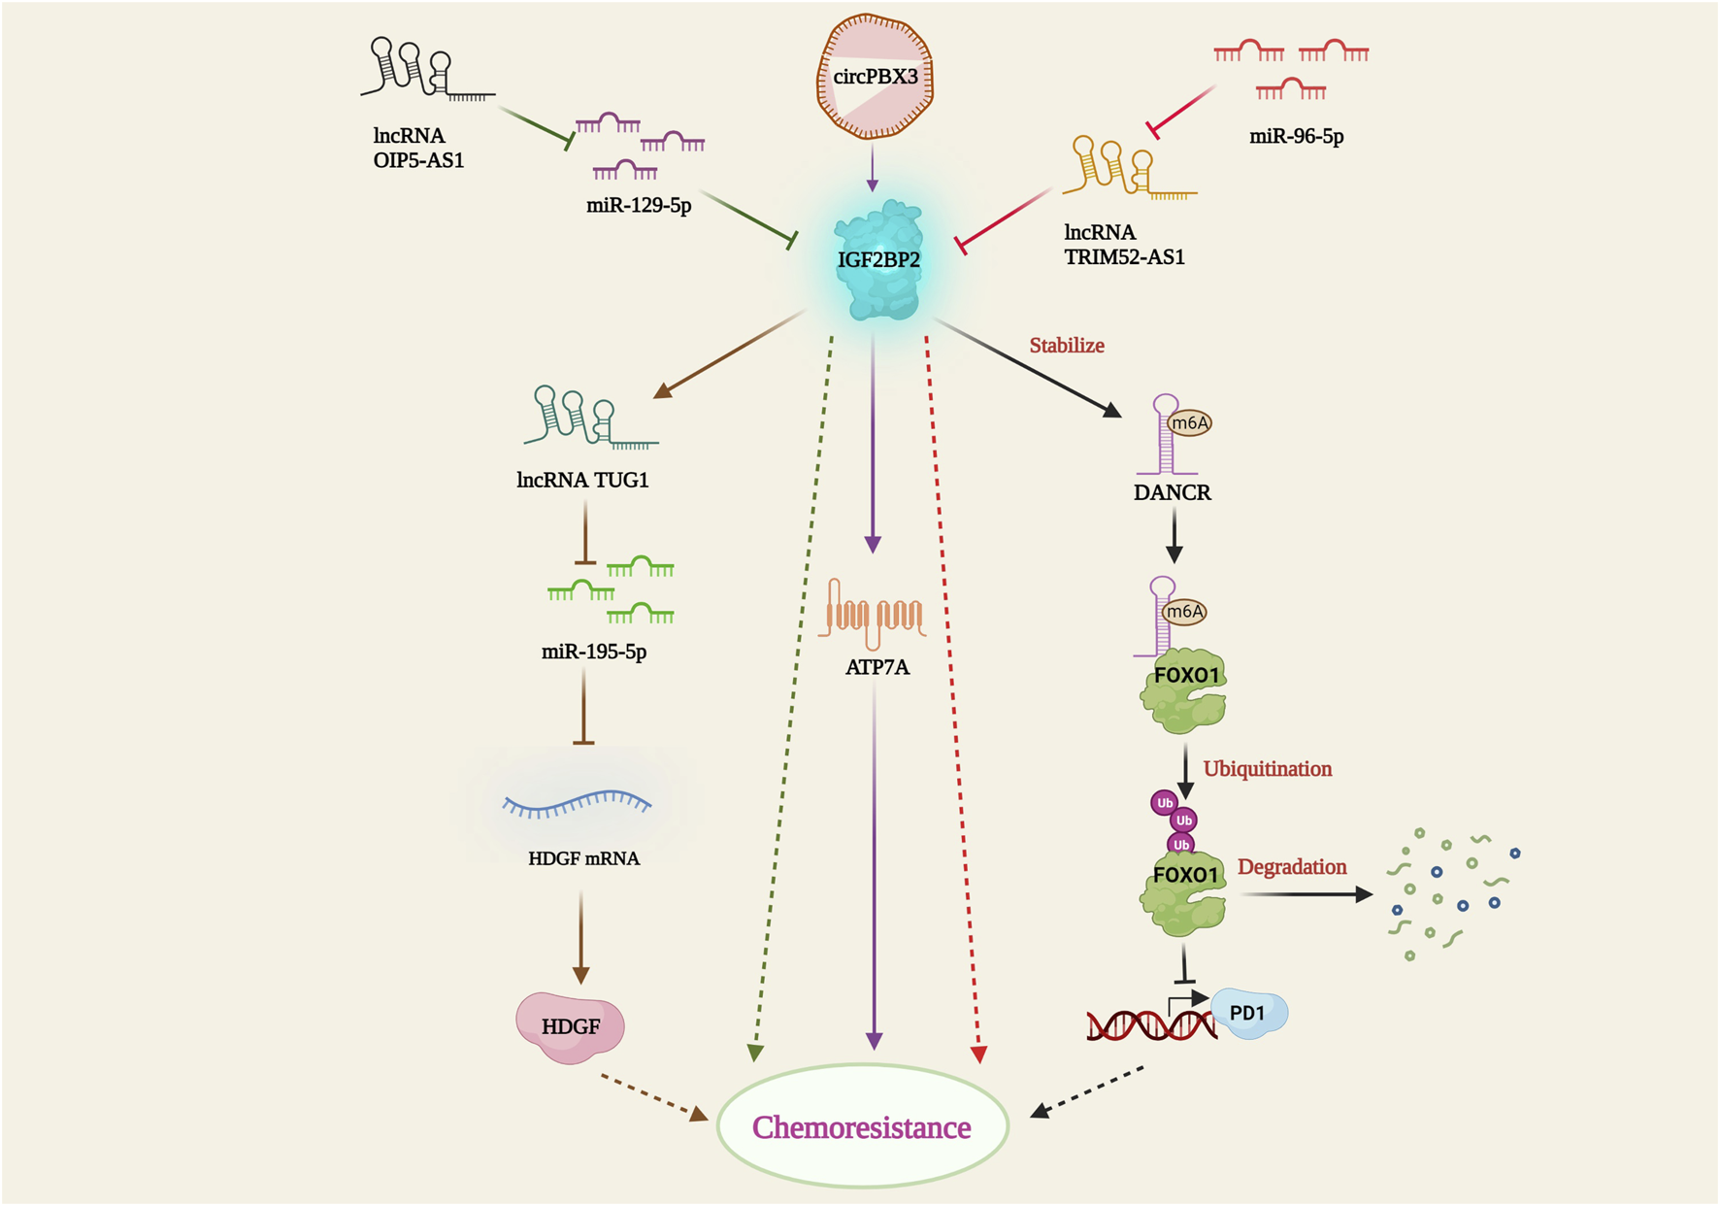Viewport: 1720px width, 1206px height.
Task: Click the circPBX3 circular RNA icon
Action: (875, 77)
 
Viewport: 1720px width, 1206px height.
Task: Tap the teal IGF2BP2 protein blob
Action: (878, 260)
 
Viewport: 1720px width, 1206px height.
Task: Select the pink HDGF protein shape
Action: (570, 1026)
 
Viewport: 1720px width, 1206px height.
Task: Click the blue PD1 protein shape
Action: (1249, 1013)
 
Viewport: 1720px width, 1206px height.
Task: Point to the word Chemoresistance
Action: (861, 1127)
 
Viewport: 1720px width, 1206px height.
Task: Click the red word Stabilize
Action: (1067, 346)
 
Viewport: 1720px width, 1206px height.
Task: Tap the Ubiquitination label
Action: (1267, 769)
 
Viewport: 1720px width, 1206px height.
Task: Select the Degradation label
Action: (1292, 867)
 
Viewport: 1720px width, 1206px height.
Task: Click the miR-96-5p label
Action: (1296, 137)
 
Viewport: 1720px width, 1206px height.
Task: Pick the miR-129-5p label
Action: (639, 206)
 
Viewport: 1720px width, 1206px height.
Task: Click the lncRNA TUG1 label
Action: (582, 480)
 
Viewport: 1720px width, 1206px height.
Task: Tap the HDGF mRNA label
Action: (583, 858)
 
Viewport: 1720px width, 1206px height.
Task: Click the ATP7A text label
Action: (877, 667)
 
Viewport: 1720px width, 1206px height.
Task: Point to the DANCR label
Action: (1172, 492)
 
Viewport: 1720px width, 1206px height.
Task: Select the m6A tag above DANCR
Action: (1190, 423)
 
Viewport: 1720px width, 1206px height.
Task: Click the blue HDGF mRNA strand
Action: (577, 803)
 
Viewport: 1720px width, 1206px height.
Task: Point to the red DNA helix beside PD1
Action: (1150, 1025)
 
